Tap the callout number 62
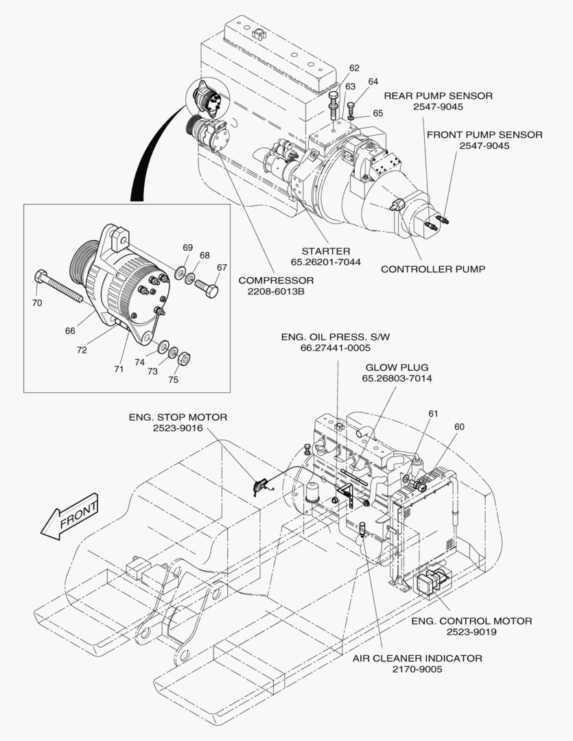pyautogui.click(x=354, y=68)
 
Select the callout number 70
pyautogui.click(x=37, y=303)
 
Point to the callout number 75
pyautogui.click(x=173, y=379)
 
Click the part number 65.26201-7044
pyautogui.click(x=326, y=261)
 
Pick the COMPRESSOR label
pyautogui.click(x=276, y=280)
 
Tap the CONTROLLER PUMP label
pyautogui.click(x=433, y=269)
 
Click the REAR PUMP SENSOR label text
pyautogui.click(x=438, y=96)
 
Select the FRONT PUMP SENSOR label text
pyautogui.click(x=484, y=134)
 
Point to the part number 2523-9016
pyautogui.click(x=178, y=427)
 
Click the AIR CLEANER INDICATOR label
pyautogui.click(x=417, y=658)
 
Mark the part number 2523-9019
pyautogui.click(x=471, y=631)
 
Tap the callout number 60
pyautogui.click(x=459, y=427)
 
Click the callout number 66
pyautogui.click(x=70, y=330)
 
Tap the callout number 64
pyautogui.click(x=373, y=82)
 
